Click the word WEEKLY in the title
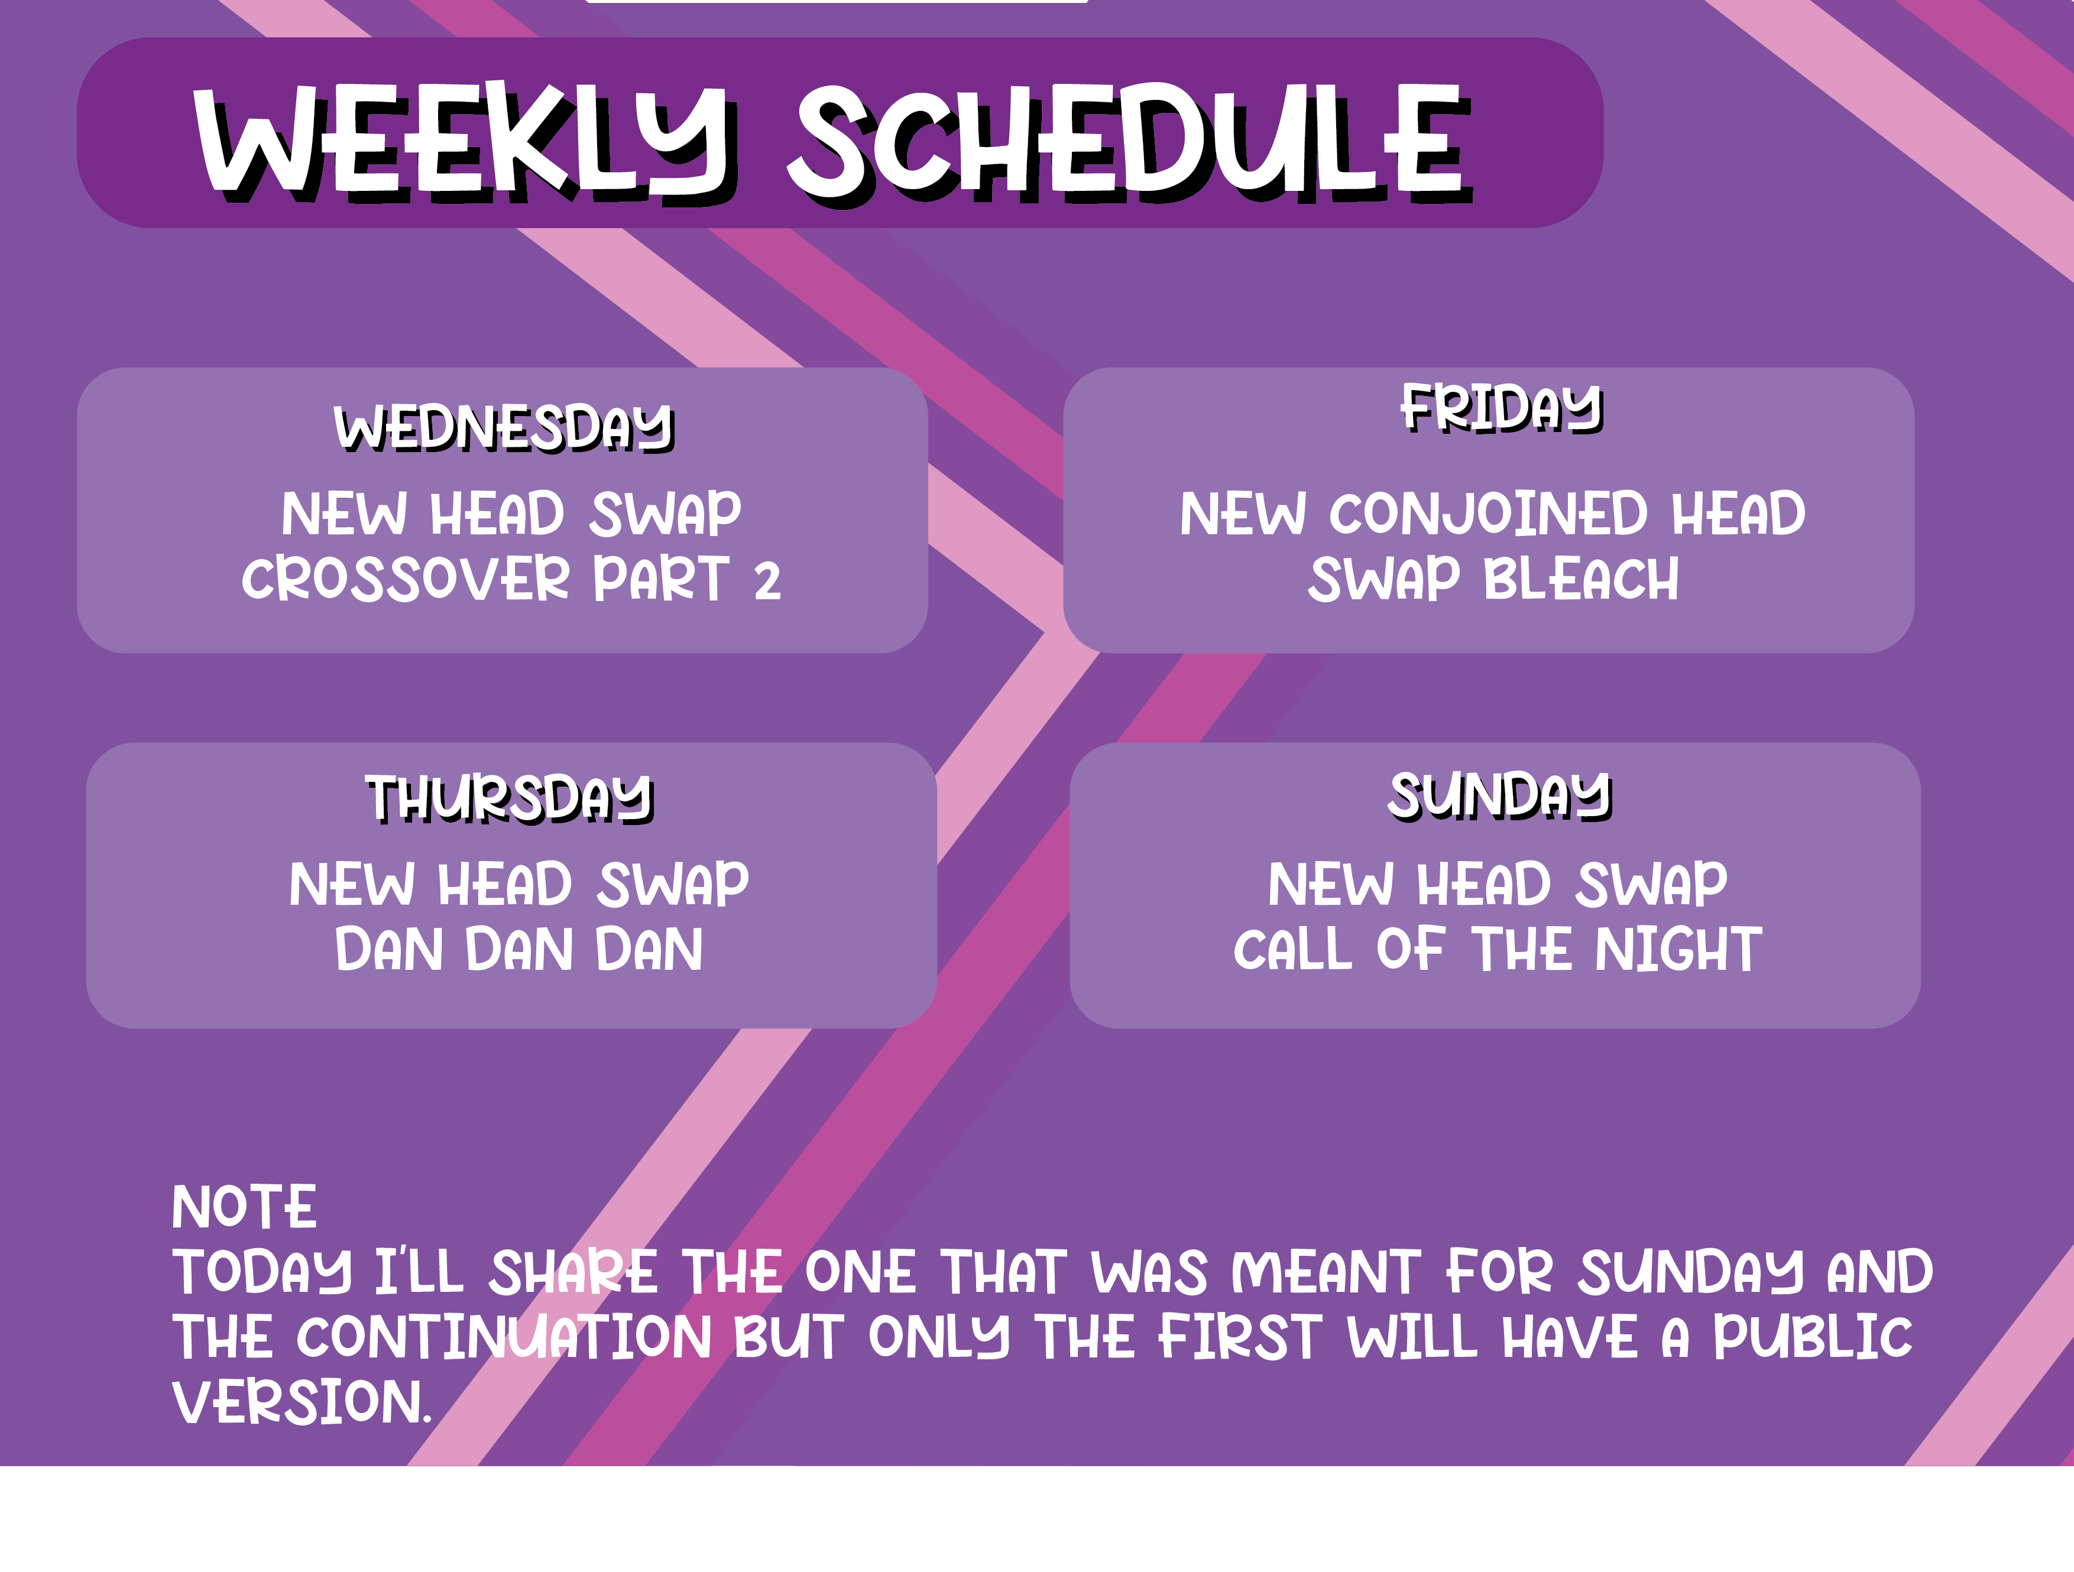point(465,141)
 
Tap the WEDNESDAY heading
point(504,428)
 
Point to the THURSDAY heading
point(509,798)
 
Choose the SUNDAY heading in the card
point(1500,796)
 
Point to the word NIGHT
point(1679,950)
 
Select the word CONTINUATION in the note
point(504,1337)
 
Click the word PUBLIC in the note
point(1813,1337)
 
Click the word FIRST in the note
point(1240,1337)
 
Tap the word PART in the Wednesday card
point(661,579)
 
